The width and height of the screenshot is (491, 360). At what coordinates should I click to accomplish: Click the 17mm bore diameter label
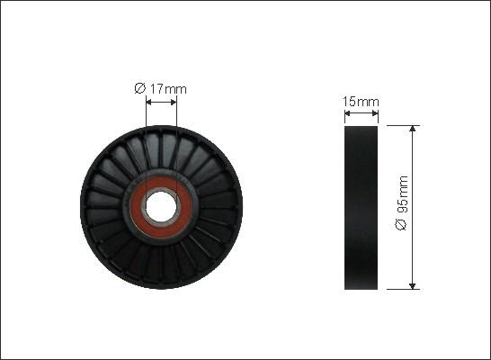(x=160, y=89)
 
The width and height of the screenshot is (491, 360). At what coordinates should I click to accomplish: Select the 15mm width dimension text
(x=361, y=102)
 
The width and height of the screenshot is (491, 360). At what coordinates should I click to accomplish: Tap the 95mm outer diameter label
(x=402, y=203)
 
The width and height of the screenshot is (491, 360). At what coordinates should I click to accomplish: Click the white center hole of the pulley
(x=161, y=207)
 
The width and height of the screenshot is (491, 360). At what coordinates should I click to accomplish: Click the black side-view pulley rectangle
(x=361, y=208)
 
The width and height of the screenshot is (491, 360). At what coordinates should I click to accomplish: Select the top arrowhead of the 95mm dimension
(x=413, y=129)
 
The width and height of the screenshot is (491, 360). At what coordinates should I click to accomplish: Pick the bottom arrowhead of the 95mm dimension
(x=413, y=285)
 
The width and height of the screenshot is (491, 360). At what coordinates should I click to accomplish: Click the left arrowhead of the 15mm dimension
(x=348, y=113)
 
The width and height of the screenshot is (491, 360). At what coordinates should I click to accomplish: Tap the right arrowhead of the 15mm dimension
(x=375, y=113)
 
